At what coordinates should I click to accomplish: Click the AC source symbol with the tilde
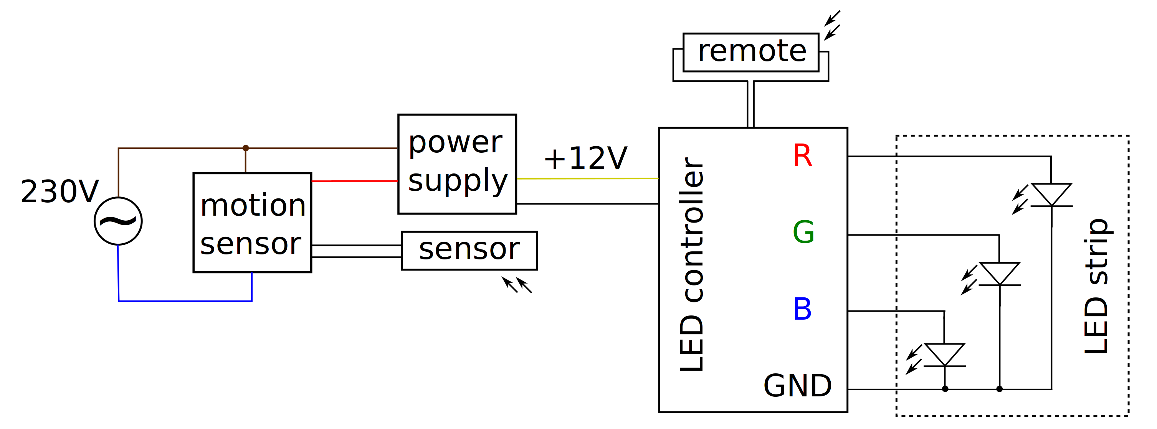click(118, 221)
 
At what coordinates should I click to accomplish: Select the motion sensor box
click(252, 223)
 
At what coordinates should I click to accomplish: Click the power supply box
click(457, 164)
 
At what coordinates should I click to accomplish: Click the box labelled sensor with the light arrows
click(469, 251)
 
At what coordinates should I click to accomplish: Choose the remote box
click(750, 52)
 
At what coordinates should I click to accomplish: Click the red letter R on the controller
click(802, 156)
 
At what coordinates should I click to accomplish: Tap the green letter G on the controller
click(803, 232)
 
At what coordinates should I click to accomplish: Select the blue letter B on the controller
click(802, 309)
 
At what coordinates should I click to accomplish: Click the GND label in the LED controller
click(797, 386)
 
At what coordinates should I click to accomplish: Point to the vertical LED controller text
click(692, 265)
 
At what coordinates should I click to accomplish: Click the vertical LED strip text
click(1096, 286)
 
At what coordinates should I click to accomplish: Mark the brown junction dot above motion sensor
click(245, 148)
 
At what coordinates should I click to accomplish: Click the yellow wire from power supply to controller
click(587, 178)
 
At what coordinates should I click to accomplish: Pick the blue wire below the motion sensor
click(185, 301)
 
